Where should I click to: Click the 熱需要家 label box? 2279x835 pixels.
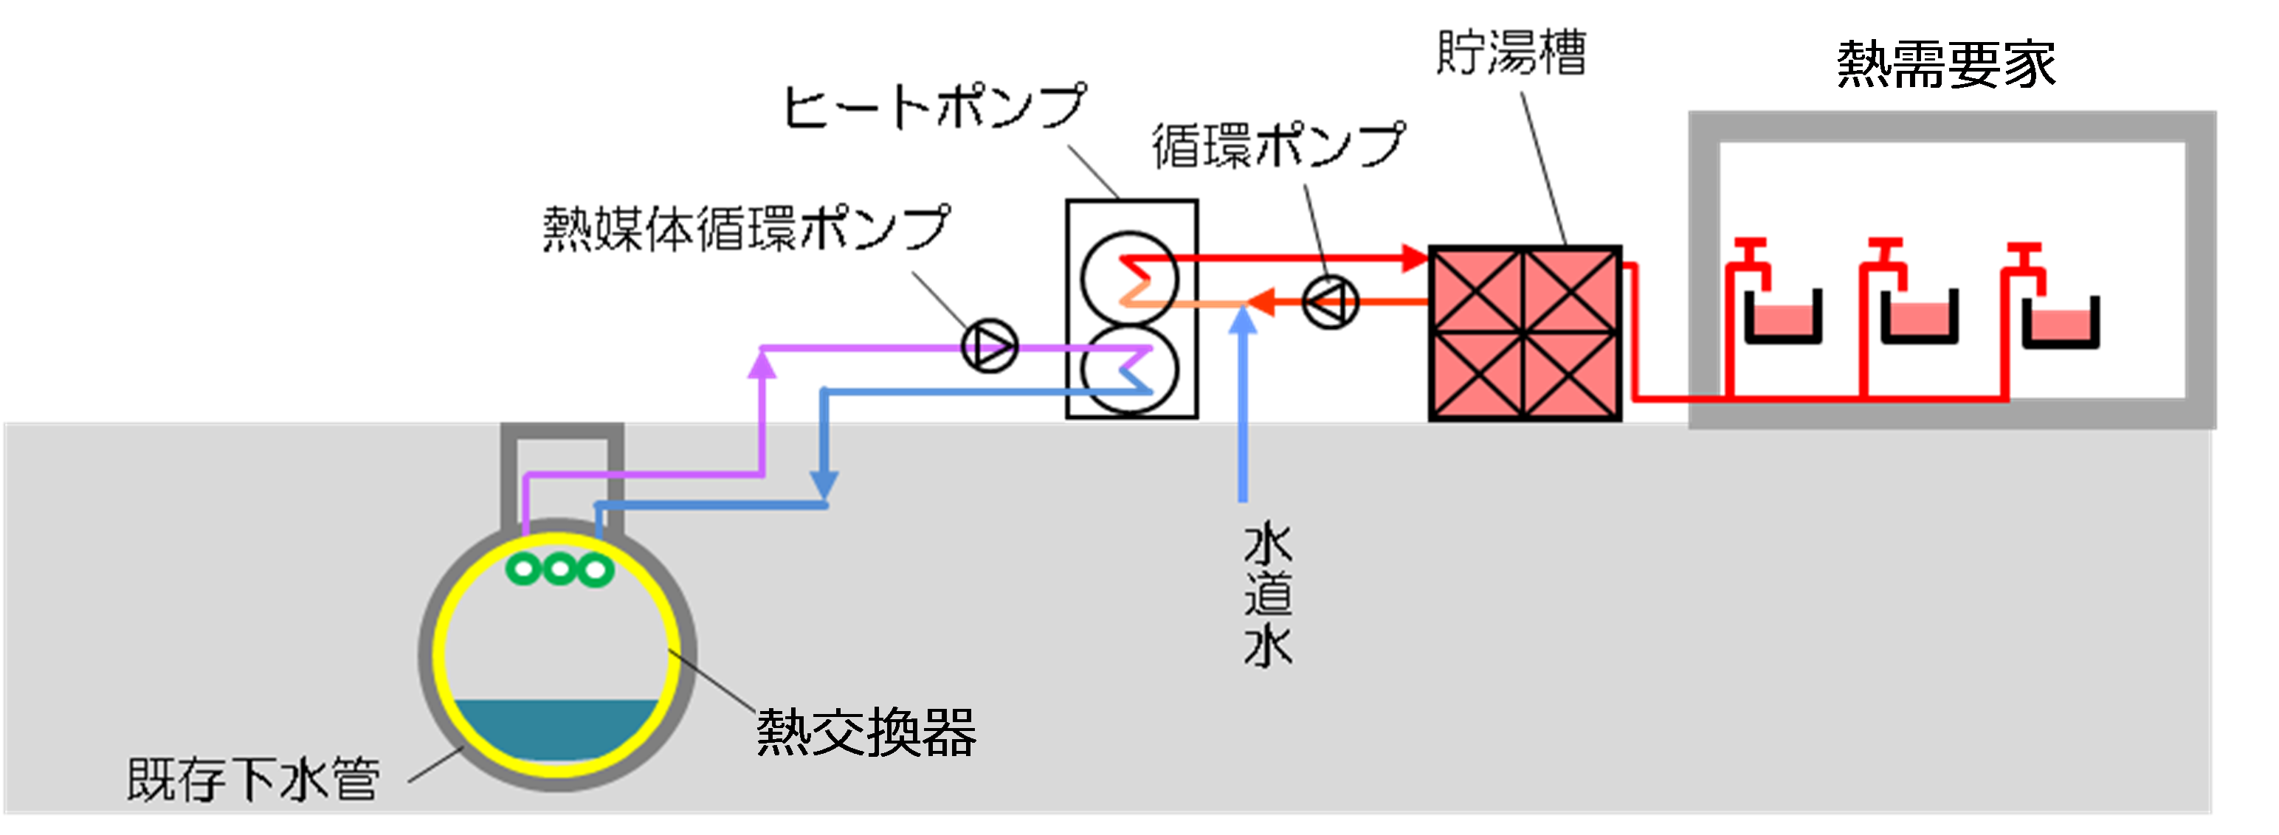(1945, 58)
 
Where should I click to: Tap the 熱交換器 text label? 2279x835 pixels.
(865, 732)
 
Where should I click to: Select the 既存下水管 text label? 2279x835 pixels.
(254, 779)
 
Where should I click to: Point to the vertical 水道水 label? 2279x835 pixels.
(1268, 595)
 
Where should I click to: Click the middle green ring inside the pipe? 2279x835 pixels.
(559, 569)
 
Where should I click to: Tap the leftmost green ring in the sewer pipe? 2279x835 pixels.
(524, 569)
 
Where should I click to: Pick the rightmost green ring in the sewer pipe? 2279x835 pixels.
(596, 569)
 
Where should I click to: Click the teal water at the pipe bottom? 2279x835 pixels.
(556, 729)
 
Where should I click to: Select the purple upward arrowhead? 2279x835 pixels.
(762, 364)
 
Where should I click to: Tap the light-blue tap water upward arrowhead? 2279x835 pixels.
(1243, 320)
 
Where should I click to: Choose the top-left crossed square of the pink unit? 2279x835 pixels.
(1478, 291)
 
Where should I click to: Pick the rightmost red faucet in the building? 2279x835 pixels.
(2025, 266)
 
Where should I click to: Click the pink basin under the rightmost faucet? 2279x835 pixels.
(2061, 324)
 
